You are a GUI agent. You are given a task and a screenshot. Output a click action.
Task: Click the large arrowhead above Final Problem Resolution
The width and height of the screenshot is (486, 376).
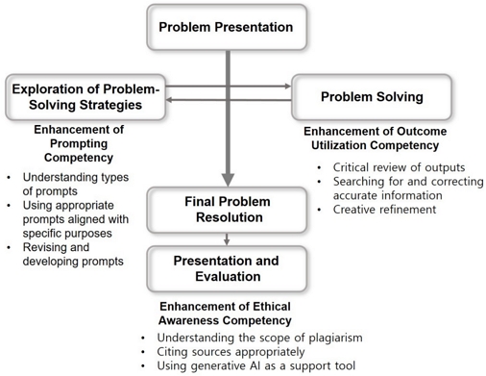pyautogui.click(x=227, y=177)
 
